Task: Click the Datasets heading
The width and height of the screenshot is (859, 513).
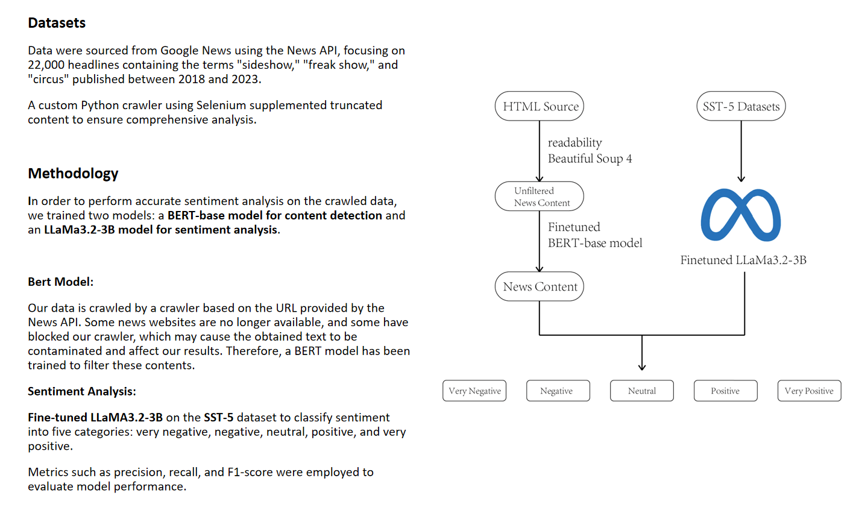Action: (57, 23)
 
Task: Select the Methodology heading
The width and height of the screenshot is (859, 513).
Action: (73, 174)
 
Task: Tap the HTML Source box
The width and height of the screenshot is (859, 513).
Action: (540, 107)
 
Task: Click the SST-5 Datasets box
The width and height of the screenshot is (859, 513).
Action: (741, 107)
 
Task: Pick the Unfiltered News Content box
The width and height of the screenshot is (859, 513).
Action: (540, 197)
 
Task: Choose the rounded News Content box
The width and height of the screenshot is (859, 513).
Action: (540, 287)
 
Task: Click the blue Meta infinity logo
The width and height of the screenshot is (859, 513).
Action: (741, 215)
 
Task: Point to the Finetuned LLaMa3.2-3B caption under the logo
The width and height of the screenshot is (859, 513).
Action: (743, 260)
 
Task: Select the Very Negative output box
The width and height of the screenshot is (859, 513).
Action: (474, 391)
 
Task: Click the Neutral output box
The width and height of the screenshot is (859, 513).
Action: (642, 391)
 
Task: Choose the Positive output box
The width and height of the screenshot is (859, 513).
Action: (725, 391)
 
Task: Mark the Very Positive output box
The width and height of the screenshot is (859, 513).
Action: (809, 391)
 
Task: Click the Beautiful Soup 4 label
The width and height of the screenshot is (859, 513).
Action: (590, 159)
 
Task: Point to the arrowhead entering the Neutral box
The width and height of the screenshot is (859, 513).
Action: (642, 367)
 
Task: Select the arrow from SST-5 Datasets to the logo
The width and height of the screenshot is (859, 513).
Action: (741, 151)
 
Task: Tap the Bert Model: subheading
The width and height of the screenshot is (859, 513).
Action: (60, 282)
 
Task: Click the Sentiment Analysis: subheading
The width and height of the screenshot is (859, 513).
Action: (81, 391)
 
